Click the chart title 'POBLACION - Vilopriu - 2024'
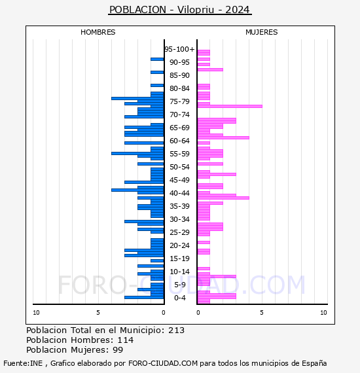[180, 10]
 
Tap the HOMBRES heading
[98, 32]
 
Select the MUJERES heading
[262, 32]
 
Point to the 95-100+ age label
[179, 49]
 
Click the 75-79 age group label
[179, 101]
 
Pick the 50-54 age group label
[179, 167]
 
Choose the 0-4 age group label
[179, 298]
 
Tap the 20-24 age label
[179, 245]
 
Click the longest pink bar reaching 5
[230, 106]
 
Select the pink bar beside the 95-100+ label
[204, 52]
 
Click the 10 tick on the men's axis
[36, 313]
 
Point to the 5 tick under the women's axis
[262, 313]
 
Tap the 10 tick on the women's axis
[323, 313]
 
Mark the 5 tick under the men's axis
[98, 313]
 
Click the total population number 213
[176, 330]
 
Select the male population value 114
[126, 340]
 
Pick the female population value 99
[118, 350]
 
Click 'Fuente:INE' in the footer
[23, 363]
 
